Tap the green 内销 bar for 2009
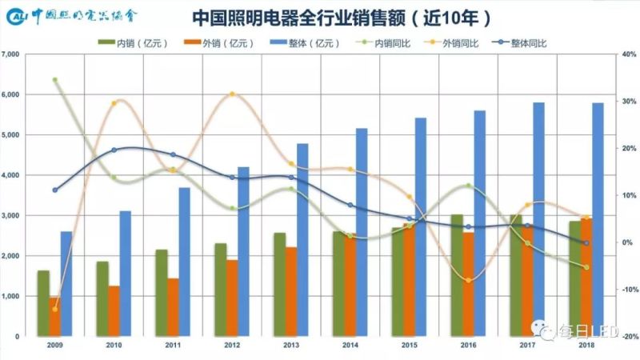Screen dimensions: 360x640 click(x=43, y=304)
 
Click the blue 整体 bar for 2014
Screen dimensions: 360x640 click(x=362, y=232)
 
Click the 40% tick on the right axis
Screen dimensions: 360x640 click(x=628, y=54)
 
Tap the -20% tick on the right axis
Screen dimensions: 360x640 click(x=628, y=337)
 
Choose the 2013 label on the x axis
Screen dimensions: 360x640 click(x=291, y=345)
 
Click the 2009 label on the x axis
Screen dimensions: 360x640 click(x=55, y=345)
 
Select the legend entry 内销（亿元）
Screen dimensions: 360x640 click(x=131, y=41)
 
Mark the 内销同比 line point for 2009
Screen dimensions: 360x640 click(x=55, y=80)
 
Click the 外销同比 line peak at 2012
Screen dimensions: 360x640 click(x=233, y=94)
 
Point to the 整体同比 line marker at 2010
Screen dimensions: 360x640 click(x=114, y=150)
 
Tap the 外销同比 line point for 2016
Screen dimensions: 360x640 click(x=469, y=280)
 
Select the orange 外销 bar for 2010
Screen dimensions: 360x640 click(x=114, y=311)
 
